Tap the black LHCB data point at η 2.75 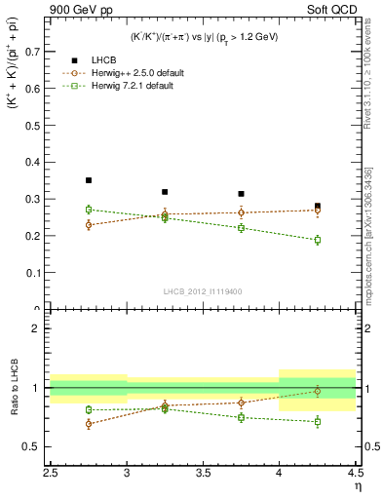click(88, 180)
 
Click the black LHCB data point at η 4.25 click(318, 206)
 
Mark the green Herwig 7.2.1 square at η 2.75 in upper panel click(88, 210)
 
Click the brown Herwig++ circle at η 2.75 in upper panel click(88, 225)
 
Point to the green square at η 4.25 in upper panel click(318, 240)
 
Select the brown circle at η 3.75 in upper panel click(241, 212)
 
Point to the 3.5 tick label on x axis click(203, 474)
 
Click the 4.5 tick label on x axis click(354, 474)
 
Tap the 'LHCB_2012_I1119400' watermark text click(204, 290)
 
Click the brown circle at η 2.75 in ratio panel click(88, 424)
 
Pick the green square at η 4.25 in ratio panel click(318, 422)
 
